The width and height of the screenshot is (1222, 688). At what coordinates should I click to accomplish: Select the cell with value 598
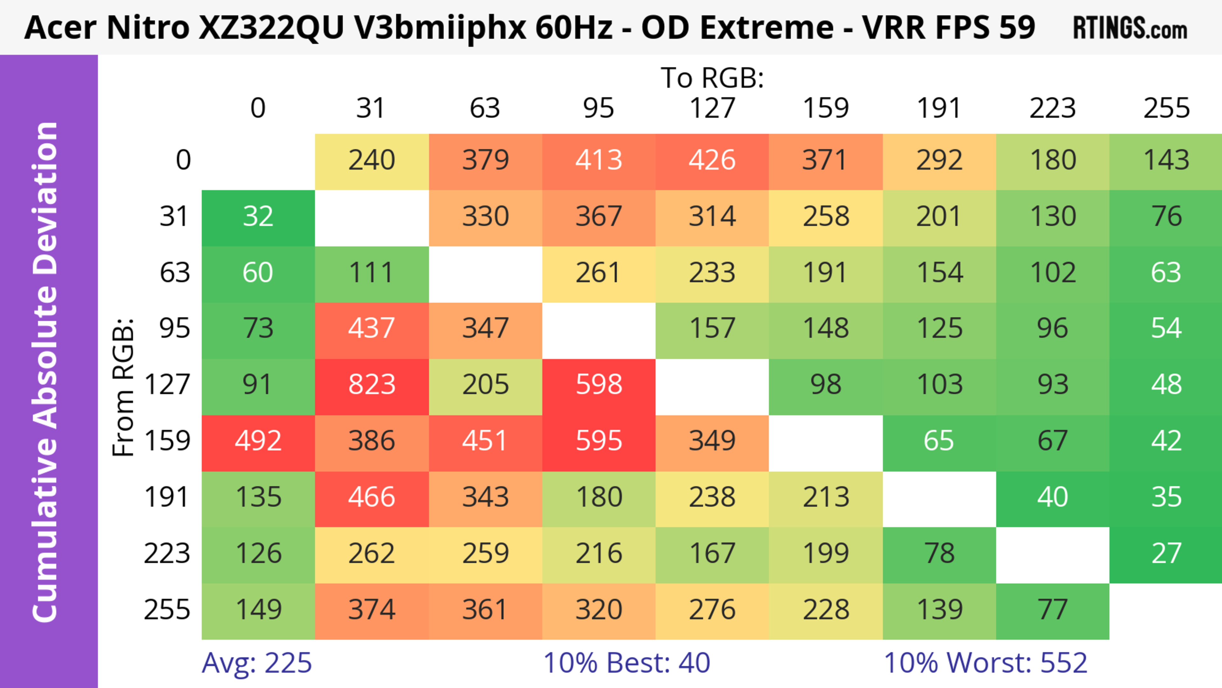point(599,384)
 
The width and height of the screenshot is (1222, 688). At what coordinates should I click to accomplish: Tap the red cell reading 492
point(258,441)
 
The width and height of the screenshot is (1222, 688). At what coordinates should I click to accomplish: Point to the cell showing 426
point(712,160)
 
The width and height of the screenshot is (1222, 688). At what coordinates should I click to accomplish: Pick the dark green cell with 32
point(258,216)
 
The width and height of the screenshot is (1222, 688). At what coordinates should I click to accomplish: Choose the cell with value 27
point(1166,553)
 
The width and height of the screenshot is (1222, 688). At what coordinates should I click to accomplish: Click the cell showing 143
point(1166,160)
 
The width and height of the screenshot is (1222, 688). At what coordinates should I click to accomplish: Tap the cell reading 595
point(599,441)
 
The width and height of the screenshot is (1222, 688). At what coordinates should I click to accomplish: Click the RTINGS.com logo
point(1130,28)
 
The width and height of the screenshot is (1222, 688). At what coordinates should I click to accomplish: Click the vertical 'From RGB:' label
point(123,387)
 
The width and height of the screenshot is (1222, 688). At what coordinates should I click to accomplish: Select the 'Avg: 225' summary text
point(256,663)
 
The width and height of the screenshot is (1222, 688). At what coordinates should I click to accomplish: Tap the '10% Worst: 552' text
point(985,663)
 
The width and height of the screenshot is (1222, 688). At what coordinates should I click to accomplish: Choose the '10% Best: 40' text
point(626,663)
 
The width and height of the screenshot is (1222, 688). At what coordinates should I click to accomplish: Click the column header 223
point(1052,108)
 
